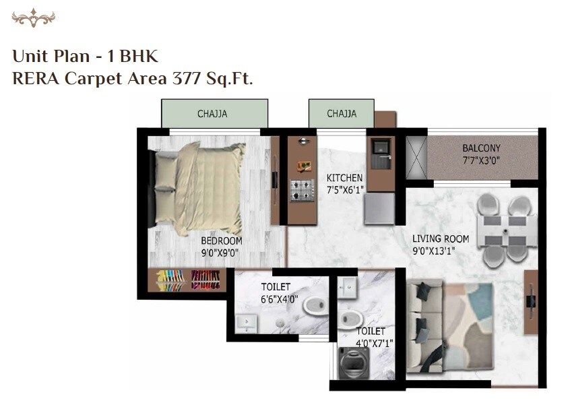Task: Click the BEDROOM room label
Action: click(x=221, y=241)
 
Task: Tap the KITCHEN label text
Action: click(x=344, y=178)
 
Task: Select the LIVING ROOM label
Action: click(x=441, y=238)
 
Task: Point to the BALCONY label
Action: click(x=481, y=148)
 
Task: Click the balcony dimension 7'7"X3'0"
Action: click(x=481, y=160)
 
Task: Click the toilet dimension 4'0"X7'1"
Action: click(x=374, y=343)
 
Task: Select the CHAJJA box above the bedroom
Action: click(x=214, y=113)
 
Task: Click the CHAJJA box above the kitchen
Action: click(x=341, y=113)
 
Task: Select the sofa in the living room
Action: click(x=425, y=326)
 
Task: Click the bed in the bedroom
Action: click(x=199, y=189)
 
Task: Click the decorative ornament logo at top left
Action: click(x=33, y=18)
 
